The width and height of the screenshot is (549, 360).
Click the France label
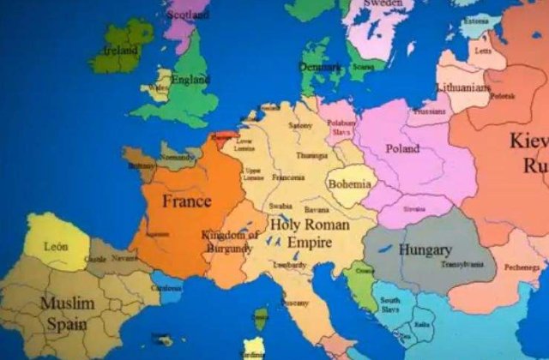[x=187, y=202]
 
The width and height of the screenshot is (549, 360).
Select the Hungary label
[x=425, y=250]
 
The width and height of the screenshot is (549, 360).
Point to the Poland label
[x=402, y=148]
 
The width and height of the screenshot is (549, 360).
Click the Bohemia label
[x=350, y=183]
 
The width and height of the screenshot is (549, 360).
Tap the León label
[x=56, y=246]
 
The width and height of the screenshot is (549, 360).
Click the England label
[x=190, y=80]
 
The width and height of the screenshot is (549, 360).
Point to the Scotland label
[x=188, y=15]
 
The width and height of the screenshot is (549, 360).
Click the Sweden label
[x=383, y=3]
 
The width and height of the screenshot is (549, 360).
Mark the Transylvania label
[x=462, y=265]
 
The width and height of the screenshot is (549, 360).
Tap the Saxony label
[x=301, y=125]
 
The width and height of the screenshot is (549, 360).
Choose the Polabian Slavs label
[x=341, y=128]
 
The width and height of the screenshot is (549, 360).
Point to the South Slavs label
[x=390, y=305]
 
